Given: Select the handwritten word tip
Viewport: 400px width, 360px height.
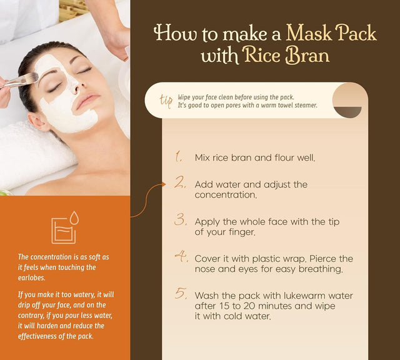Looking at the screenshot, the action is pos(166,101).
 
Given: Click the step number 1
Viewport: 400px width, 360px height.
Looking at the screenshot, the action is pos(179,156).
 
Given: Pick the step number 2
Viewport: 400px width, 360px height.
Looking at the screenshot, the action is pos(181,182).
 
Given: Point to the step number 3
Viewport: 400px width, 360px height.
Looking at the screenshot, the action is pos(181,219).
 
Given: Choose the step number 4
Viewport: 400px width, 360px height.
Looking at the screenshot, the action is pos(182,256).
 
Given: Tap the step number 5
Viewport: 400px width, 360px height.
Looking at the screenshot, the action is pos(181,293).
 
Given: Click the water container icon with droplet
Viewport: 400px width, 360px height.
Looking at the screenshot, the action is pos(65,227).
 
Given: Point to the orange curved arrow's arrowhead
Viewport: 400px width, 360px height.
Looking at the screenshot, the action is pos(163,184).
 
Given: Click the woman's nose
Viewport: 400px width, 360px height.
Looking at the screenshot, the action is pos(74,87).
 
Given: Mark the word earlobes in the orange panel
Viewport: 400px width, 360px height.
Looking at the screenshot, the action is pos(32,278).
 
